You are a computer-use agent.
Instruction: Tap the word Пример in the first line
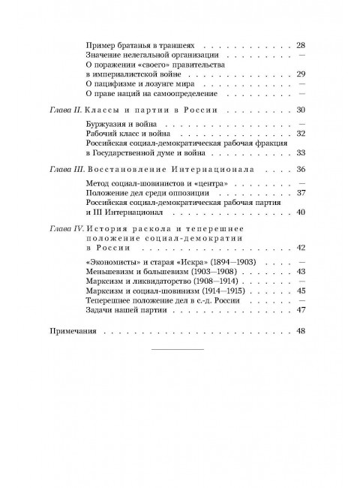(x=103, y=45)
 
